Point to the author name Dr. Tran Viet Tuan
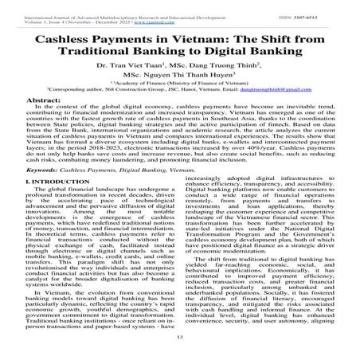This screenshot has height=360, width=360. (133, 78)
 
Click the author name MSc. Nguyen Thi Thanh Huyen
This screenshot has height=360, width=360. (180, 93)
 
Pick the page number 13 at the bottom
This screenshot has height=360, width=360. (180, 348)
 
